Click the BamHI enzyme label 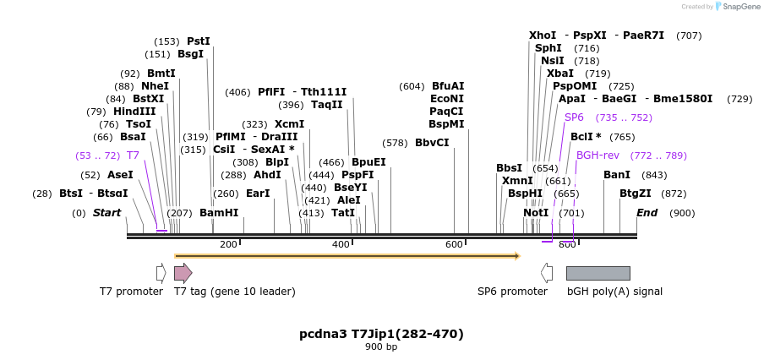click(x=219, y=213)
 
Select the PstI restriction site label click(x=199, y=41)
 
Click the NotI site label click(x=536, y=213)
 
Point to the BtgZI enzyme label click(x=636, y=194)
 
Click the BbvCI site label click(x=432, y=143)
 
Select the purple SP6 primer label click(x=574, y=117)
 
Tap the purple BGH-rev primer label click(x=598, y=155)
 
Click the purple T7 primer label click(x=133, y=155)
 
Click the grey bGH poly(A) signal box click(x=598, y=273)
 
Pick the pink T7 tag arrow click(x=183, y=273)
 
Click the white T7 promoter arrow click(x=161, y=273)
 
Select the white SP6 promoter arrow click(x=547, y=273)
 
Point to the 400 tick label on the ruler click(x=341, y=245)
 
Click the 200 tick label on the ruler click(x=228, y=245)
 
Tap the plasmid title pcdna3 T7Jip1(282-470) click(x=381, y=334)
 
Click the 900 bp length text click(x=381, y=347)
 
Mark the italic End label click(x=647, y=213)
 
